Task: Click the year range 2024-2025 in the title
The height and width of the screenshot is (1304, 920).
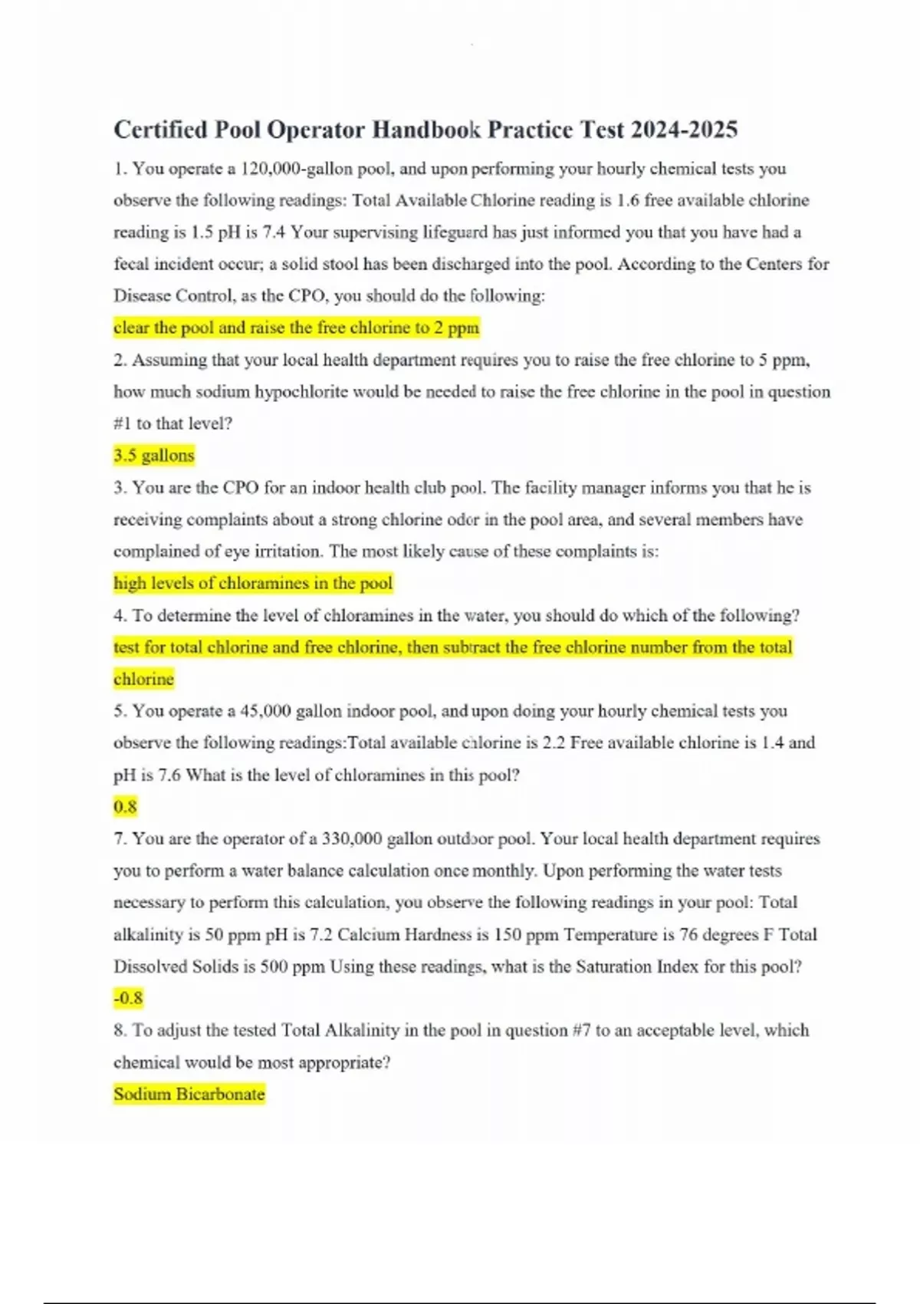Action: [684, 130]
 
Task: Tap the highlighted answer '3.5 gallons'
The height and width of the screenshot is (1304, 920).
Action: [154, 456]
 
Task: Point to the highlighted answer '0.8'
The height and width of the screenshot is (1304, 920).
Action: [125, 807]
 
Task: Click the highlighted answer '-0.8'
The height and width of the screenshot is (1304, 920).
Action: [128, 999]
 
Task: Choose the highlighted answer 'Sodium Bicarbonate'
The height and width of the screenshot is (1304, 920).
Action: [189, 1095]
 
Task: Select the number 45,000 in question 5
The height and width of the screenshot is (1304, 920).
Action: [265, 711]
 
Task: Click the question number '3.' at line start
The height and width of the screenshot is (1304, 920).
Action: [120, 488]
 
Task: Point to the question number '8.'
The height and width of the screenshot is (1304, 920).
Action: [120, 1031]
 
